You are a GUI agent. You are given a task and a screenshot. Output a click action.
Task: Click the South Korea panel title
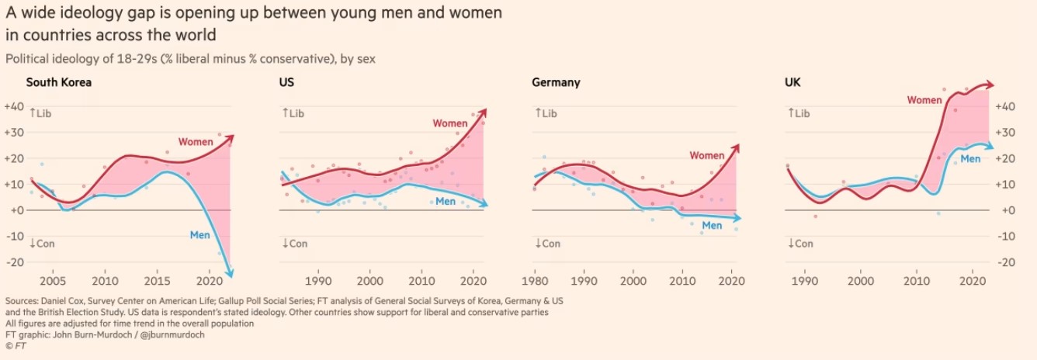pyautogui.click(x=59, y=82)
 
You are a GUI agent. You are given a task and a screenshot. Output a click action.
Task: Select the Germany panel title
pyautogui.click(x=556, y=82)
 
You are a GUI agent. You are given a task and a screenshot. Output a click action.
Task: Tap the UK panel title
pyautogui.click(x=793, y=82)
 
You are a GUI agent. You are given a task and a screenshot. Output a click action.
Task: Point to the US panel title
pyautogui.click(x=286, y=82)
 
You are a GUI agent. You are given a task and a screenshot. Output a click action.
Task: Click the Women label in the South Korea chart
pyautogui.click(x=196, y=142)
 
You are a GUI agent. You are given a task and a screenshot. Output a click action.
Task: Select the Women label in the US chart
pyautogui.click(x=450, y=123)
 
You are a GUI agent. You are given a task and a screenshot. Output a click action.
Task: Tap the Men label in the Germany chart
pyautogui.click(x=712, y=226)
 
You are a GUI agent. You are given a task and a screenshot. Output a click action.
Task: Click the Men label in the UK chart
pyautogui.click(x=970, y=158)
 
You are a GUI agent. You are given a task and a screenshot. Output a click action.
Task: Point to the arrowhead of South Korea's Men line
pyautogui.click(x=231, y=274)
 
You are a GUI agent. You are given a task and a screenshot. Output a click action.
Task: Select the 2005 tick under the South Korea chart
pyautogui.click(x=53, y=280)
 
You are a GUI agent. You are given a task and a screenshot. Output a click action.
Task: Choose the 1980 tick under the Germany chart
pyautogui.click(x=534, y=280)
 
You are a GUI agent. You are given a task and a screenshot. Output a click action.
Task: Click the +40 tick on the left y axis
pyautogui.click(x=13, y=106)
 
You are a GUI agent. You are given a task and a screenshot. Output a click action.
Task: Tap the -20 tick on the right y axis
pyautogui.click(x=1006, y=262)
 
